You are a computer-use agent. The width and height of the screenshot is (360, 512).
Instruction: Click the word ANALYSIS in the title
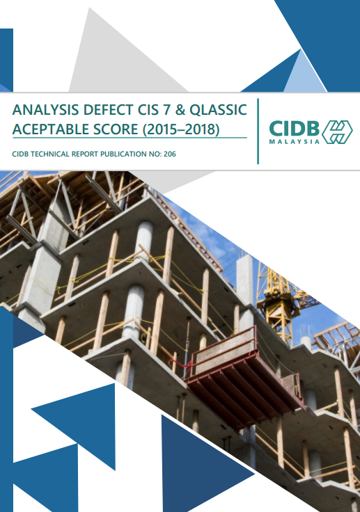[43, 110]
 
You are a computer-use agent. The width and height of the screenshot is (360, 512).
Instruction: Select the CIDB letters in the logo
[293, 128]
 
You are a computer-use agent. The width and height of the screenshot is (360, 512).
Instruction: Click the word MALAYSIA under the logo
[295, 141]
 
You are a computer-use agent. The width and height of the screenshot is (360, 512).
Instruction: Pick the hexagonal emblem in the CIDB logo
[336, 131]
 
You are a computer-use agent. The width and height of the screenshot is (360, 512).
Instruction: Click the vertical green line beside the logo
[258, 131]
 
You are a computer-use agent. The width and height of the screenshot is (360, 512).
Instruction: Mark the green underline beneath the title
[130, 138]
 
